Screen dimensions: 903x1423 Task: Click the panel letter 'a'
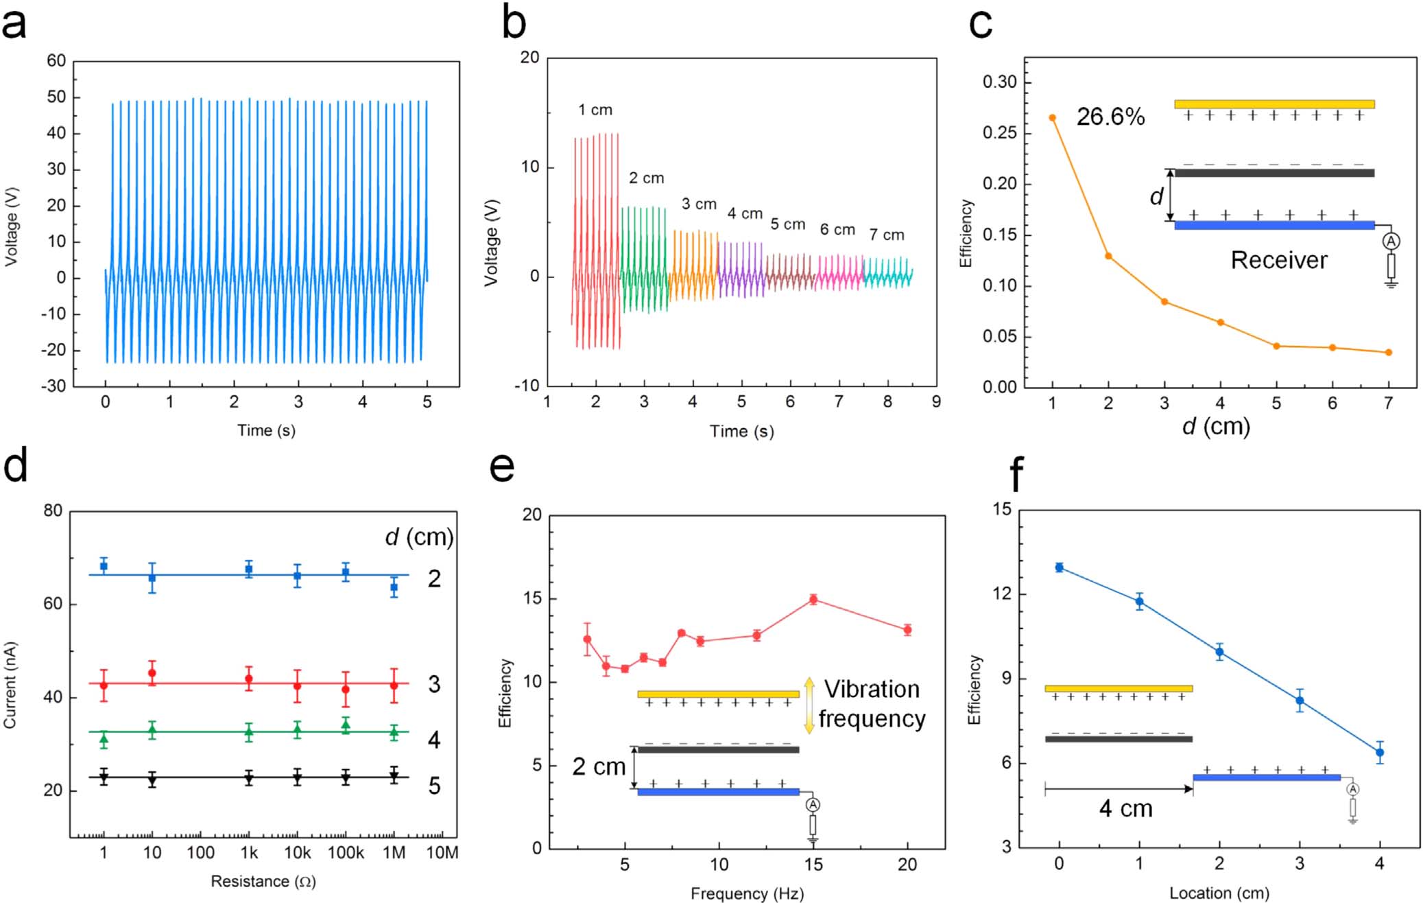point(14,25)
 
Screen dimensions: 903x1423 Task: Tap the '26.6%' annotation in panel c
point(1110,117)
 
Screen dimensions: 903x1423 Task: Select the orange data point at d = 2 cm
point(1108,257)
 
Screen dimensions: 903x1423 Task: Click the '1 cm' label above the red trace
point(595,110)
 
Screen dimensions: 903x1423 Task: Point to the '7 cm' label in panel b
point(887,235)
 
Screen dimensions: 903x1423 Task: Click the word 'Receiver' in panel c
point(1279,260)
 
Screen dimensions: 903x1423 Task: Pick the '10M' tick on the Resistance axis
point(442,853)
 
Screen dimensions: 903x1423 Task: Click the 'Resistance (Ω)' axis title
point(263,881)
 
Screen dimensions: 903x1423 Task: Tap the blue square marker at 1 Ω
point(104,566)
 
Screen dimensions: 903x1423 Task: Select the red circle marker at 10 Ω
point(152,673)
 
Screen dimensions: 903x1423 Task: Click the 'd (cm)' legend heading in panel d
point(419,537)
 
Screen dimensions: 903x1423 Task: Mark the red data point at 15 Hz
point(813,600)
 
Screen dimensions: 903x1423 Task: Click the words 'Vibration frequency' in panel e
point(872,704)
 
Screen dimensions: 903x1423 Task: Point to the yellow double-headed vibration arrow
point(809,705)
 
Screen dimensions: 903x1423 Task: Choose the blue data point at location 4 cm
point(1380,753)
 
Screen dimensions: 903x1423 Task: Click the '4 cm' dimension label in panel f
point(1125,809)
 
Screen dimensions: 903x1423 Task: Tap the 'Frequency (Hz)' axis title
point(747,893)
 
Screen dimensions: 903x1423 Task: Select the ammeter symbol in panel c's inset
point(1391,242)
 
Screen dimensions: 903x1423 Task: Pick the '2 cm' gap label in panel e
point(599,767)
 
